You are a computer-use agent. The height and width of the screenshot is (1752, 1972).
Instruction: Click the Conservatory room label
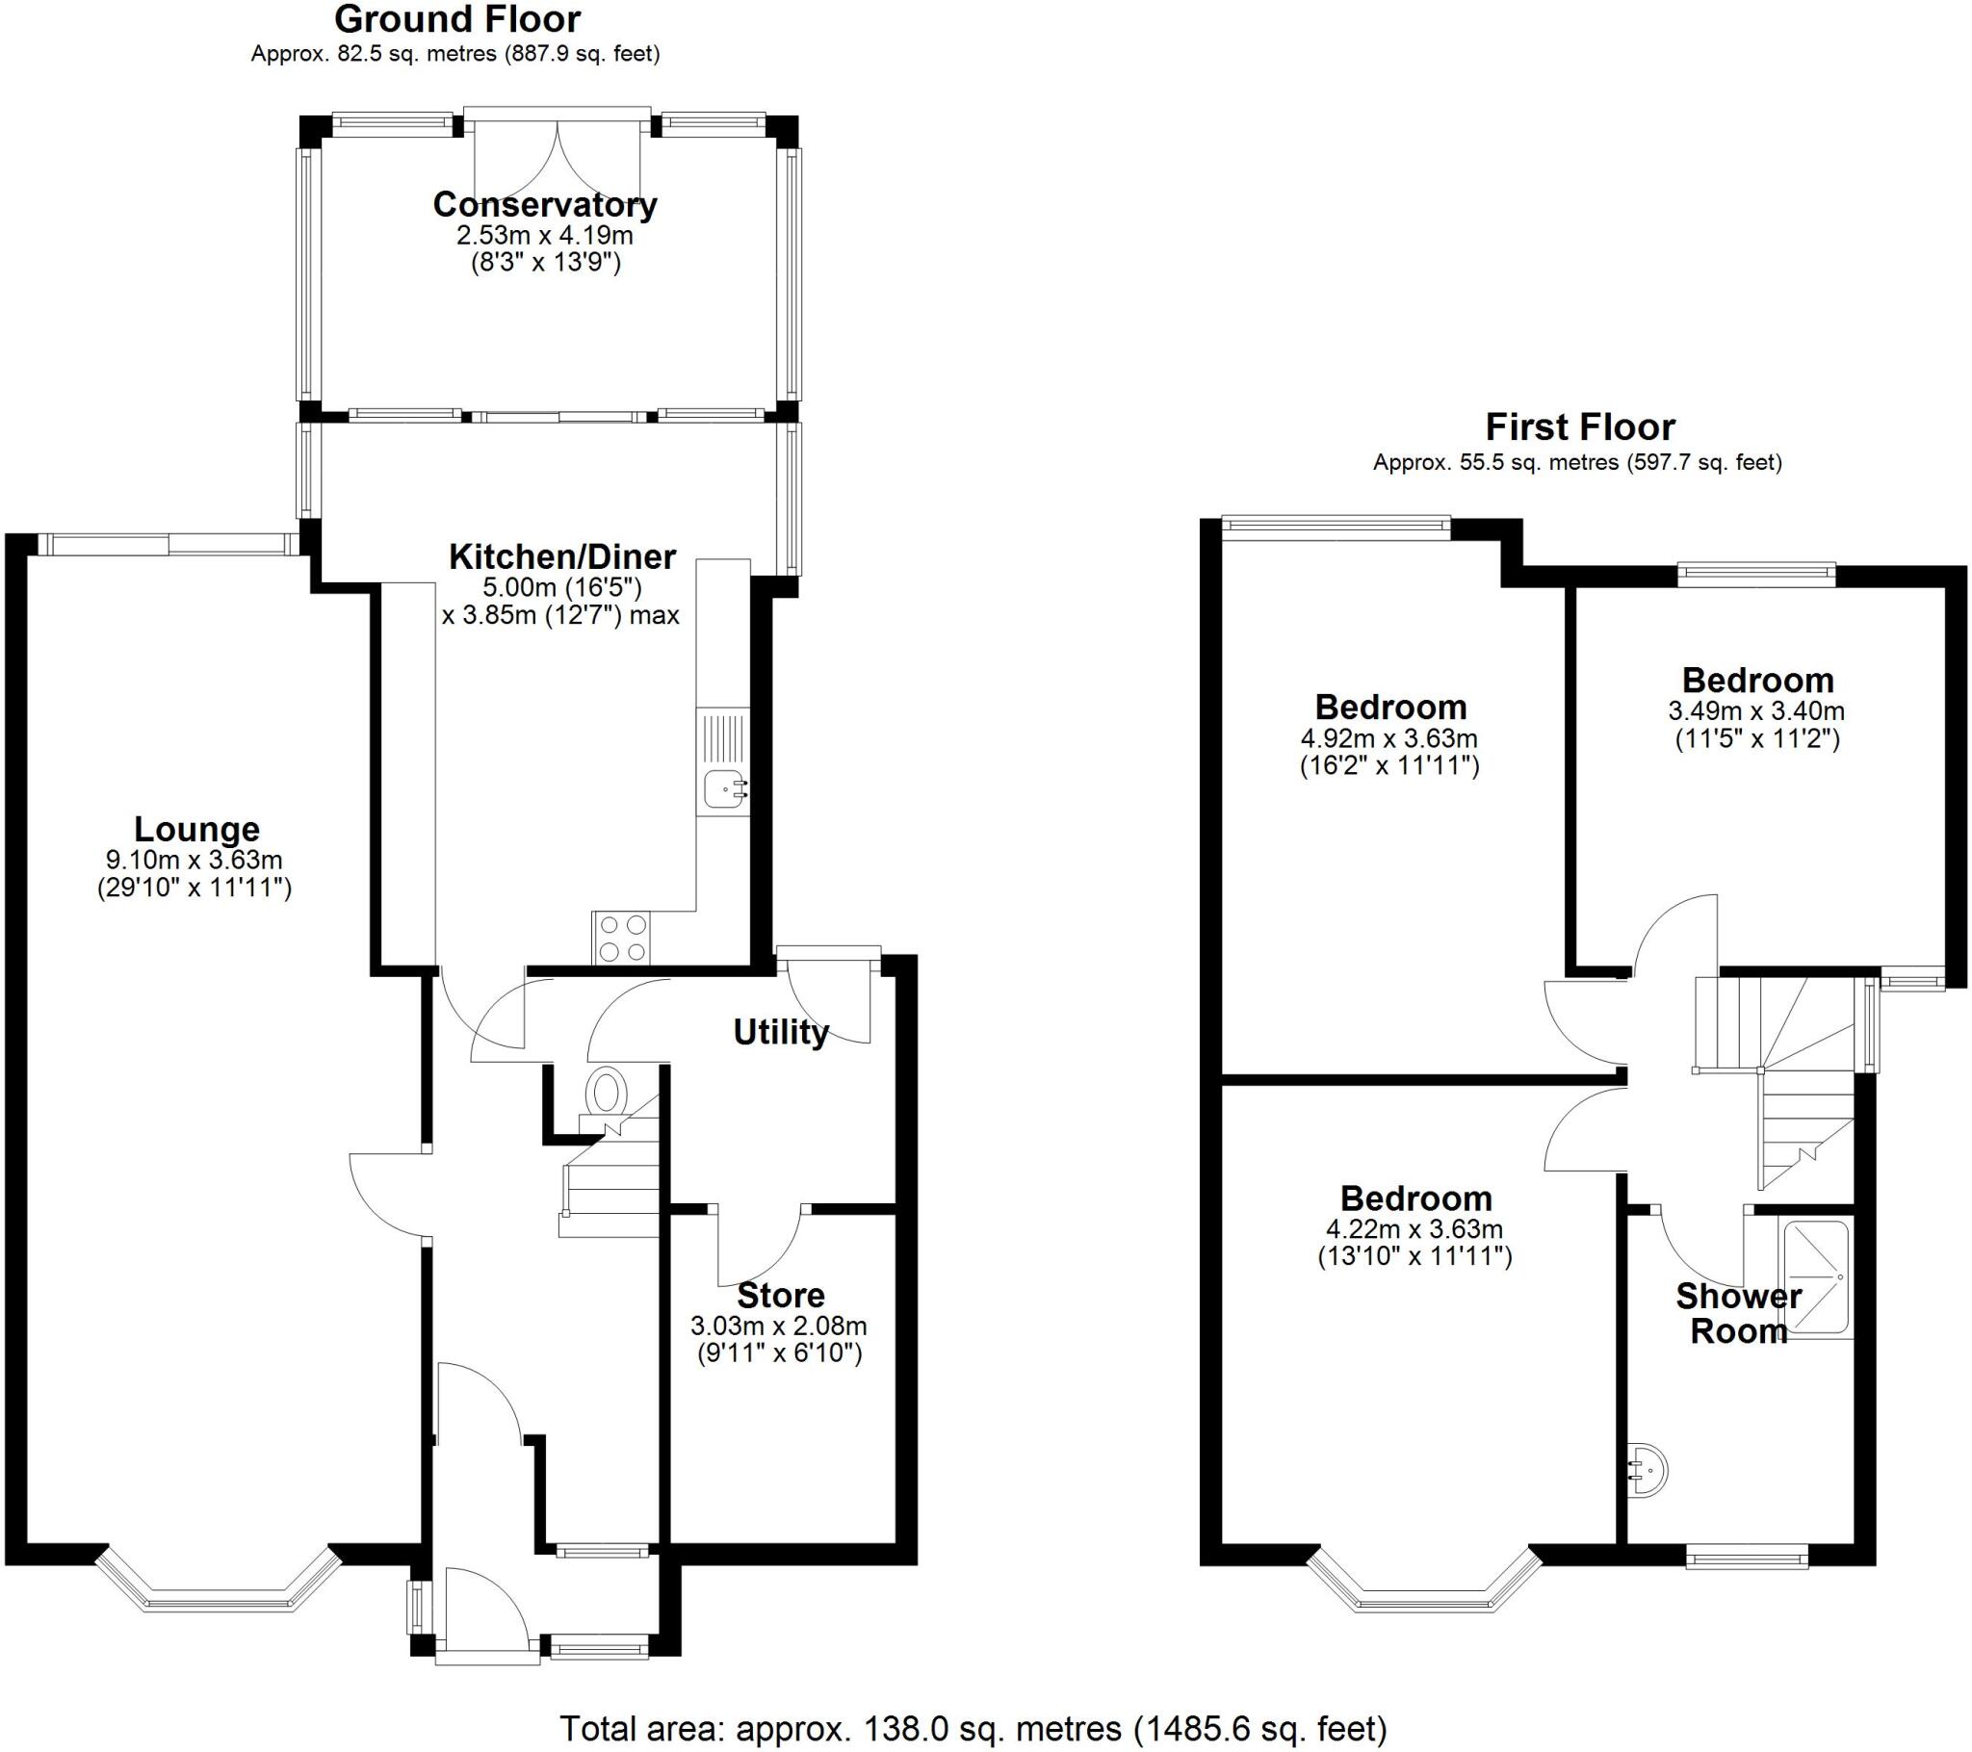tap(545, 204)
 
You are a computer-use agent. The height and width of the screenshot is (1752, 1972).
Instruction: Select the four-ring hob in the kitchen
tap(621, 938)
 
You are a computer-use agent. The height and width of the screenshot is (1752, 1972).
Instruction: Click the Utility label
tap(781, 1032)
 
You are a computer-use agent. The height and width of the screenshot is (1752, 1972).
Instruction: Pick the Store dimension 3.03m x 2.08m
tap(779, 1326)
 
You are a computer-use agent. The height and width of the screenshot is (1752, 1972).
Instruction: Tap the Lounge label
tap(196, 829)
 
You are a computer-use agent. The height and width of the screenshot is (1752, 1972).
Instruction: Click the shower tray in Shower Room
tap(1816, 1279)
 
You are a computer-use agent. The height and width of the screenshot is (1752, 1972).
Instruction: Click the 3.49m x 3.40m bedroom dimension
tap(1756, 712)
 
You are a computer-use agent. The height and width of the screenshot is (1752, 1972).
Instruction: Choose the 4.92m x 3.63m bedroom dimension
tap(1389, 739)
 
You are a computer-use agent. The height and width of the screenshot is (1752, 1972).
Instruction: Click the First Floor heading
tap(1579, 426)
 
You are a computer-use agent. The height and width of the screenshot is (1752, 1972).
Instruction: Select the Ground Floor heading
tap(457, 19)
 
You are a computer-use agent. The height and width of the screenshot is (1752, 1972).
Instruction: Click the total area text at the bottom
tap(973, 1728)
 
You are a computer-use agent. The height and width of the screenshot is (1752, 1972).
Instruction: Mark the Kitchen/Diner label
tap(562, 556)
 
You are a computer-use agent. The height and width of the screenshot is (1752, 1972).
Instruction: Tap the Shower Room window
tap(1747, 1556)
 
